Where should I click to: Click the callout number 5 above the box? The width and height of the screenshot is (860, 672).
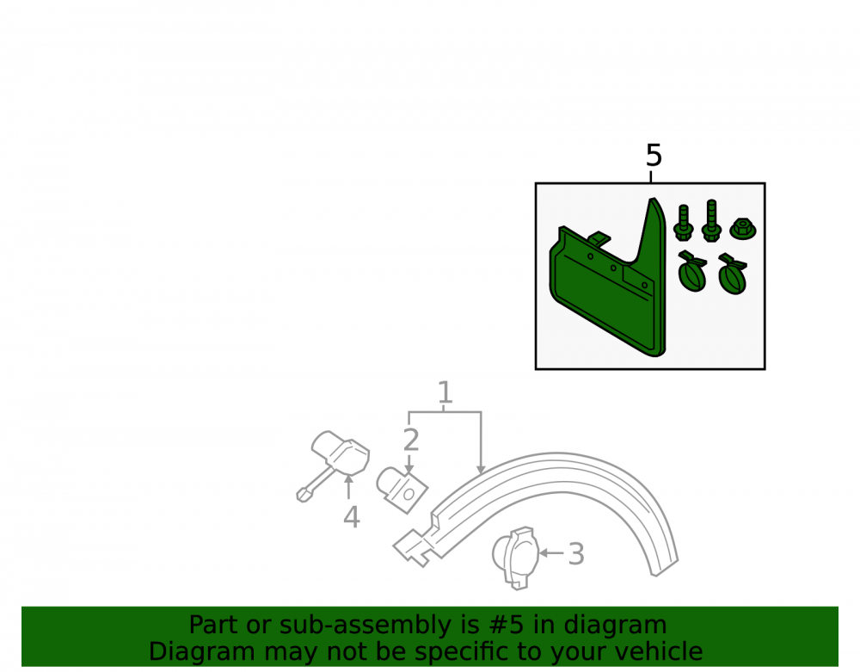[x=654, y=155]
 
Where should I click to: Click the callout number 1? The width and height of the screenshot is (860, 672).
[x=445, y=392]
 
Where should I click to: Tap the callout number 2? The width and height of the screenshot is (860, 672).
[x=411, y=440]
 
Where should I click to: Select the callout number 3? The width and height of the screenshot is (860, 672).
[x=576, y=554]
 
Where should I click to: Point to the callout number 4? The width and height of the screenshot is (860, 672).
[x=352, y=517]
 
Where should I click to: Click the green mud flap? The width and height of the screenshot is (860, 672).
[x=609, y=279]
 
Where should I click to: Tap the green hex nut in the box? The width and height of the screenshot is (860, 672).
[x=743, y=228]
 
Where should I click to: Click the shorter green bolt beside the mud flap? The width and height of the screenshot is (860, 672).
[x=684, y=223]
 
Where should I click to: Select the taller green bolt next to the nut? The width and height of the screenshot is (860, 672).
[x=711, y=220]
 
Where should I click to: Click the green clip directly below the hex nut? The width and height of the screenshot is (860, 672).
[x=734, y=274]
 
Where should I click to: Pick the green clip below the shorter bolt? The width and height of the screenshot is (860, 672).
[x=692, y=271]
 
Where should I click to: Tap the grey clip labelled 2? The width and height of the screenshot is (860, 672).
[x=402, y=490]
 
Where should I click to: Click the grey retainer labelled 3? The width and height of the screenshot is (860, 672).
[x=515, y=558]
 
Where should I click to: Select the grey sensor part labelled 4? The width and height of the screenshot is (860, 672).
[x=333, y=465]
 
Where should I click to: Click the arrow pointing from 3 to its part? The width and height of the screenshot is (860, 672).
[x=551, y=553]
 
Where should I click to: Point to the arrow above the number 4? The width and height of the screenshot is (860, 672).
[x=348, y=486]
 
